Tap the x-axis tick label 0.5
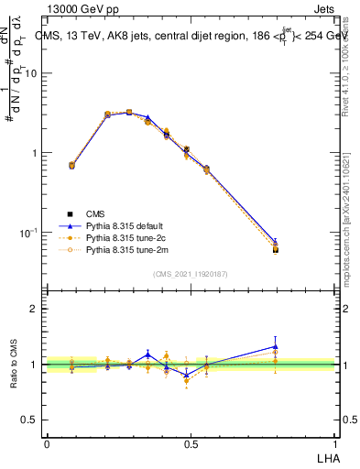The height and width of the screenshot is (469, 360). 191,442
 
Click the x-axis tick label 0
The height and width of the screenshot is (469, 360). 46,442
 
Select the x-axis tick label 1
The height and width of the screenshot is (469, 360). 335,442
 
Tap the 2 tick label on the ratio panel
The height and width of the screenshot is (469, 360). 35,309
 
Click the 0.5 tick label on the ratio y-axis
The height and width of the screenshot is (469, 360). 31,420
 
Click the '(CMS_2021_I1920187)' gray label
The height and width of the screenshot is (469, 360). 190,274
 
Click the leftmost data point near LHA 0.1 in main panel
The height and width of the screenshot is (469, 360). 72,166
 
